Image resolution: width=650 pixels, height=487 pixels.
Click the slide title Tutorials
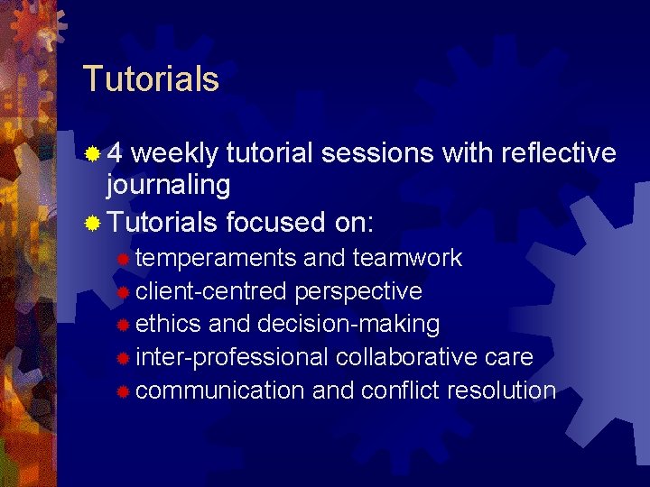[x=151, y=79]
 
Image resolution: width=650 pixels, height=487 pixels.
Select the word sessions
[x=378, y=154]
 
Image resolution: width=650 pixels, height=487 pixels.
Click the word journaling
[x=169, y=186]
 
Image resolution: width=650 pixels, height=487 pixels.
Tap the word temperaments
[x=216, y=259]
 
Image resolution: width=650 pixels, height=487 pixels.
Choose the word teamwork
[x=407, y=259]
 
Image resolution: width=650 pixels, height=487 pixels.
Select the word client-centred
[x=211, y=291]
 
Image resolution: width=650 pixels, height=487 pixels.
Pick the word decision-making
[x=348, y=324]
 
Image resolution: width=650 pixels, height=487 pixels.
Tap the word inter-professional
[x=232, y=357]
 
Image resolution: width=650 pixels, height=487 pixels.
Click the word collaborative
[x=407, y=357]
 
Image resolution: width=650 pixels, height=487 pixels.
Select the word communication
[x=220, y=391]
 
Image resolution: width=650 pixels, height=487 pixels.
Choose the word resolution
[x=504, y=391]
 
